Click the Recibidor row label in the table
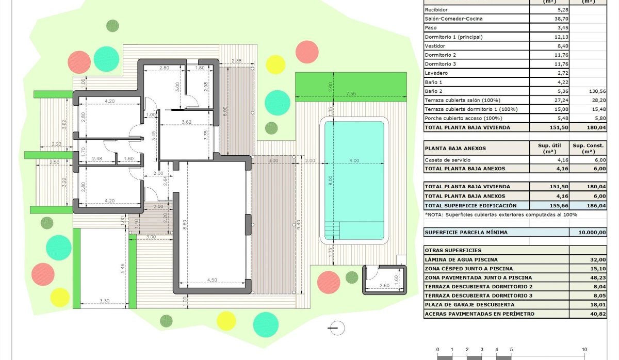pos(436,10)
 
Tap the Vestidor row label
pos(435,46)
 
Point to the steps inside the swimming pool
pos(332,228)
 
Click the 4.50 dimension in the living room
pos(212,281)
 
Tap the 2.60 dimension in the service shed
pos(384,285)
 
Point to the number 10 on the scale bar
pos(584,349)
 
